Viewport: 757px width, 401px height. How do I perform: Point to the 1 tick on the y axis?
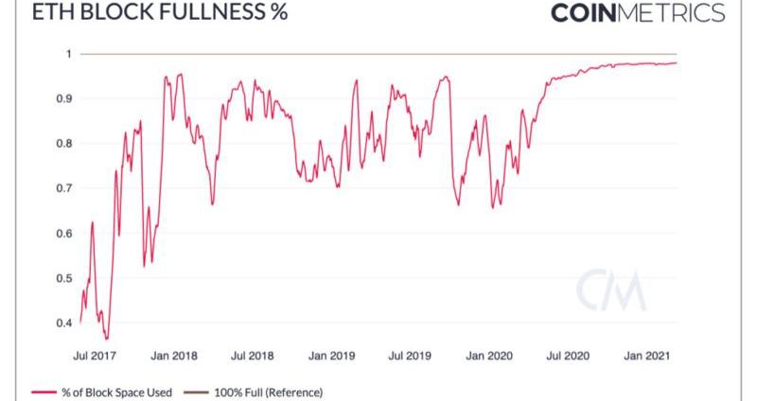[68, 54]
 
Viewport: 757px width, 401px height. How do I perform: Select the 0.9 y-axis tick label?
[63, 98]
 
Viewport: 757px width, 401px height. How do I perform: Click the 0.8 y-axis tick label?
[63, 144]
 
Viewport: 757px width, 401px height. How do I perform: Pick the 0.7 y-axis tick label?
[63, 188]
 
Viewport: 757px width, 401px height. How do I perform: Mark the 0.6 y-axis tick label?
[63, 234]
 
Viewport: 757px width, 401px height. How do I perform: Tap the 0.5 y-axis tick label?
[63, 278]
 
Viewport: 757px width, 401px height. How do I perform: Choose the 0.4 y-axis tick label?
[63, 323]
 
